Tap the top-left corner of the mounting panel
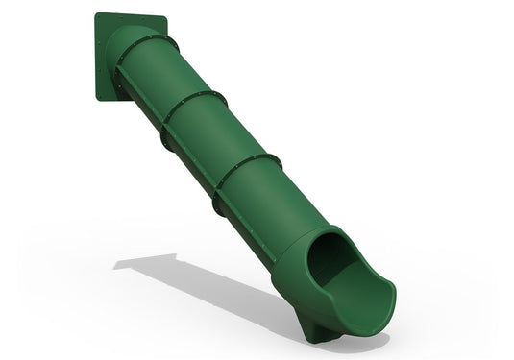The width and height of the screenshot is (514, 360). point(97,14)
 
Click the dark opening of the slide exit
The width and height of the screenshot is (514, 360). point(331,259)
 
